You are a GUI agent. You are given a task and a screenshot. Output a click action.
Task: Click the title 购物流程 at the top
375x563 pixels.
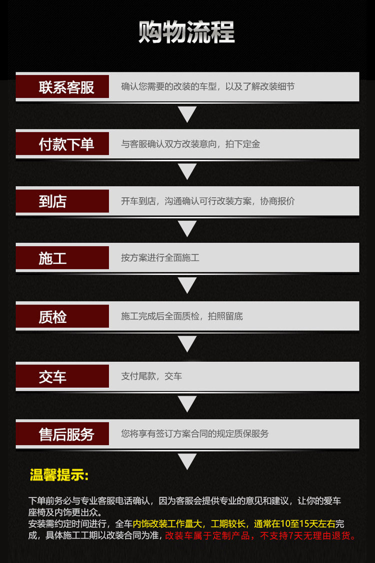pos(187,32)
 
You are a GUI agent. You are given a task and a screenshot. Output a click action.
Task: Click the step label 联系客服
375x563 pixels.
pos(66,87)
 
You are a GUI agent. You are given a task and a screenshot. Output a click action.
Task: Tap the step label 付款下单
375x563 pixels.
pos(66,144)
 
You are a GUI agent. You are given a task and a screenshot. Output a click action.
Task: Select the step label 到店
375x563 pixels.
pos(52,201)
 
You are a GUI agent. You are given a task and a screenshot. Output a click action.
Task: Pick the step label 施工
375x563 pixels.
pos(52,258)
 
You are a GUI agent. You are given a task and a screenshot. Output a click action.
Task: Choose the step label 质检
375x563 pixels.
pos(52,316)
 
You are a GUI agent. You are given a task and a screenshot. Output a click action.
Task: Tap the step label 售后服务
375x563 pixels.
pos(66,434)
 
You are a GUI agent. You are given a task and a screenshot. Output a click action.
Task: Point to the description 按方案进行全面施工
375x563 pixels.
pos(160,258)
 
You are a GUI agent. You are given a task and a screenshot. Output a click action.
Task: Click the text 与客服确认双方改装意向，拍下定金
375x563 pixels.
pos(190,144)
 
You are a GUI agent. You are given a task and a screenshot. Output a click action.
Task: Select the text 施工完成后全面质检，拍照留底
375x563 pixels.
pos(182,316)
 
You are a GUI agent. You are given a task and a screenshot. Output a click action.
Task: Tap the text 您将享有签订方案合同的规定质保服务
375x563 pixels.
pos(195,434)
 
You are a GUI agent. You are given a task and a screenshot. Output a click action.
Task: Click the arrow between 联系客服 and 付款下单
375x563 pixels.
pos(187,114)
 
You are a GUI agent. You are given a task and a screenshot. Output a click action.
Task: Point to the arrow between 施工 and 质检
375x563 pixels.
pos(187,285)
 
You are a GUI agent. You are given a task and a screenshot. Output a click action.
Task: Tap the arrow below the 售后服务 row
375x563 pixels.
pos(187,461)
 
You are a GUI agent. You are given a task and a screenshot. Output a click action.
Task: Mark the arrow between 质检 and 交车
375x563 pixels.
pos(187,344)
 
